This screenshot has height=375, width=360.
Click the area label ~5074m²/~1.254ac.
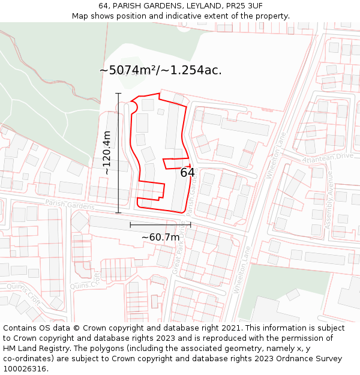[x=160, y=70]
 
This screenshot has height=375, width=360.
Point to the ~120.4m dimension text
[x=107, y=153]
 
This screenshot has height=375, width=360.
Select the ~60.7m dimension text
[x=160, y=237]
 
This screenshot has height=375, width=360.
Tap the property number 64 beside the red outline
[x=187, y=173]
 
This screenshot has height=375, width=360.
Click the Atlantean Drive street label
[x=328, y=157]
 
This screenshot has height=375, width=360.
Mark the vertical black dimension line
[x=118, y=153]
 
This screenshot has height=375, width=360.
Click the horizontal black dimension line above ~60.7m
[x=160, y=225]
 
